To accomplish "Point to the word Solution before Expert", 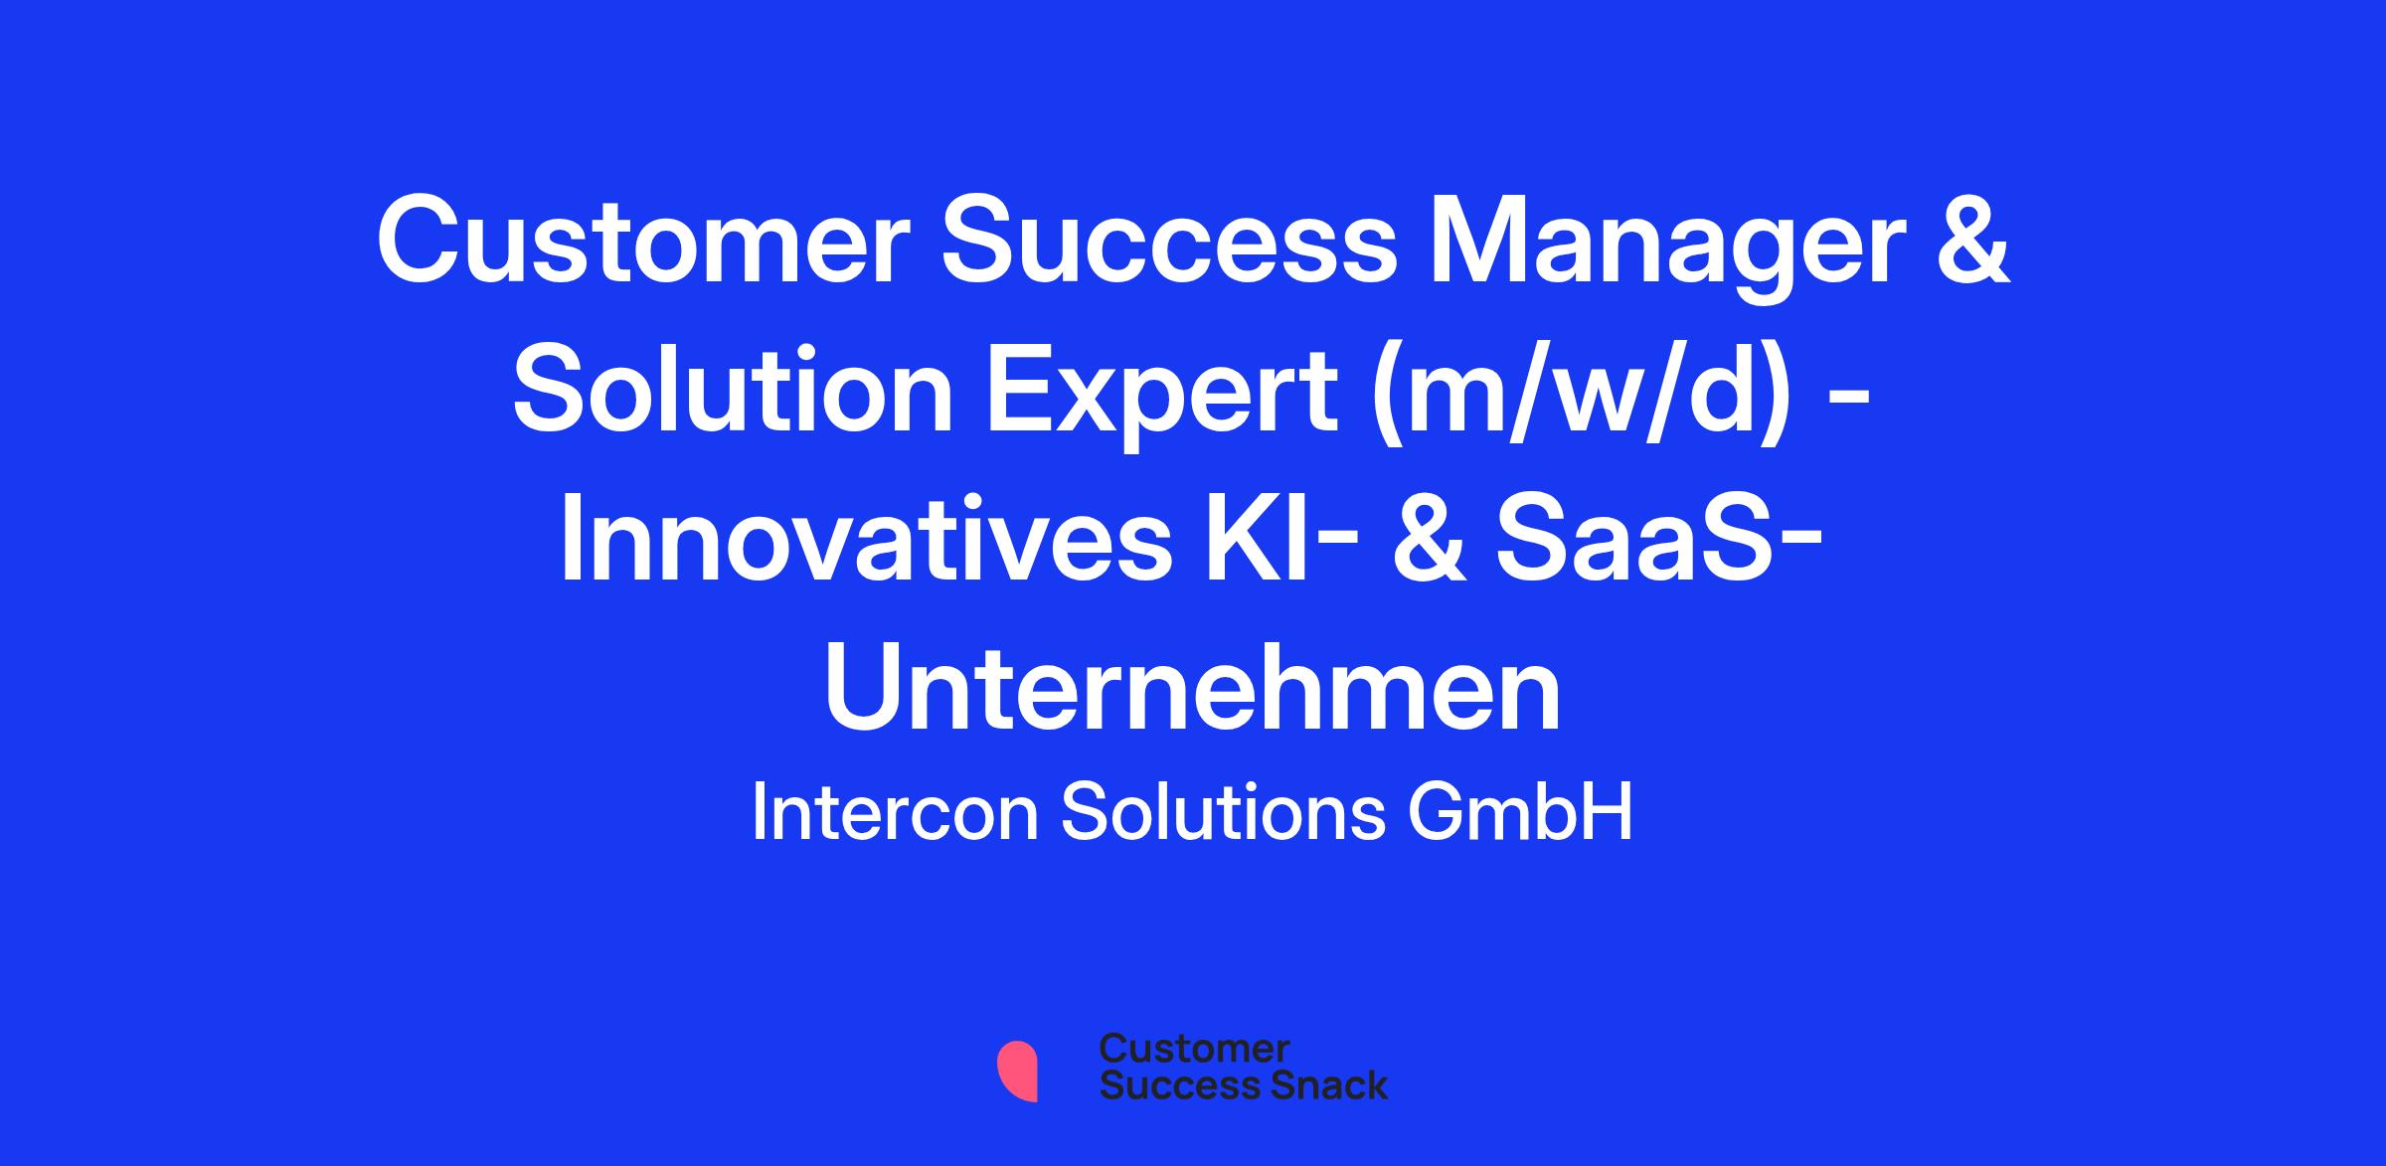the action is click(x=733, y=392).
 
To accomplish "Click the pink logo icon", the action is click(x=1017, y=1072).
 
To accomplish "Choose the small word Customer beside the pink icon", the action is click(x=1194, y=1049).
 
